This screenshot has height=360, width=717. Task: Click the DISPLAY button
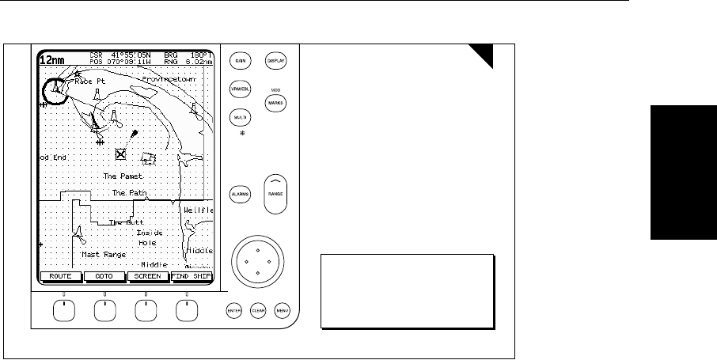click(x=276, y=60)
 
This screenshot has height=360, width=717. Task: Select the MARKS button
click(x=276, y=103)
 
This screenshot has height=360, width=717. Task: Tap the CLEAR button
click(x=258, y=310)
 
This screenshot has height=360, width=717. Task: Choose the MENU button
click(x=283, y=310)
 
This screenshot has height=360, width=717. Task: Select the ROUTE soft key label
click(x=61, y=278)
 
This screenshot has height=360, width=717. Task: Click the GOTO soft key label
click(x=104, y=278)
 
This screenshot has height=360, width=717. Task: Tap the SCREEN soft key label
click(x=147, y=278)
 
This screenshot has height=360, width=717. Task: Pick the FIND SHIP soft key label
click(x=191, y=278)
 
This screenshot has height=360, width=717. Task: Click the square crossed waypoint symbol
click(x=121, y=154)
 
